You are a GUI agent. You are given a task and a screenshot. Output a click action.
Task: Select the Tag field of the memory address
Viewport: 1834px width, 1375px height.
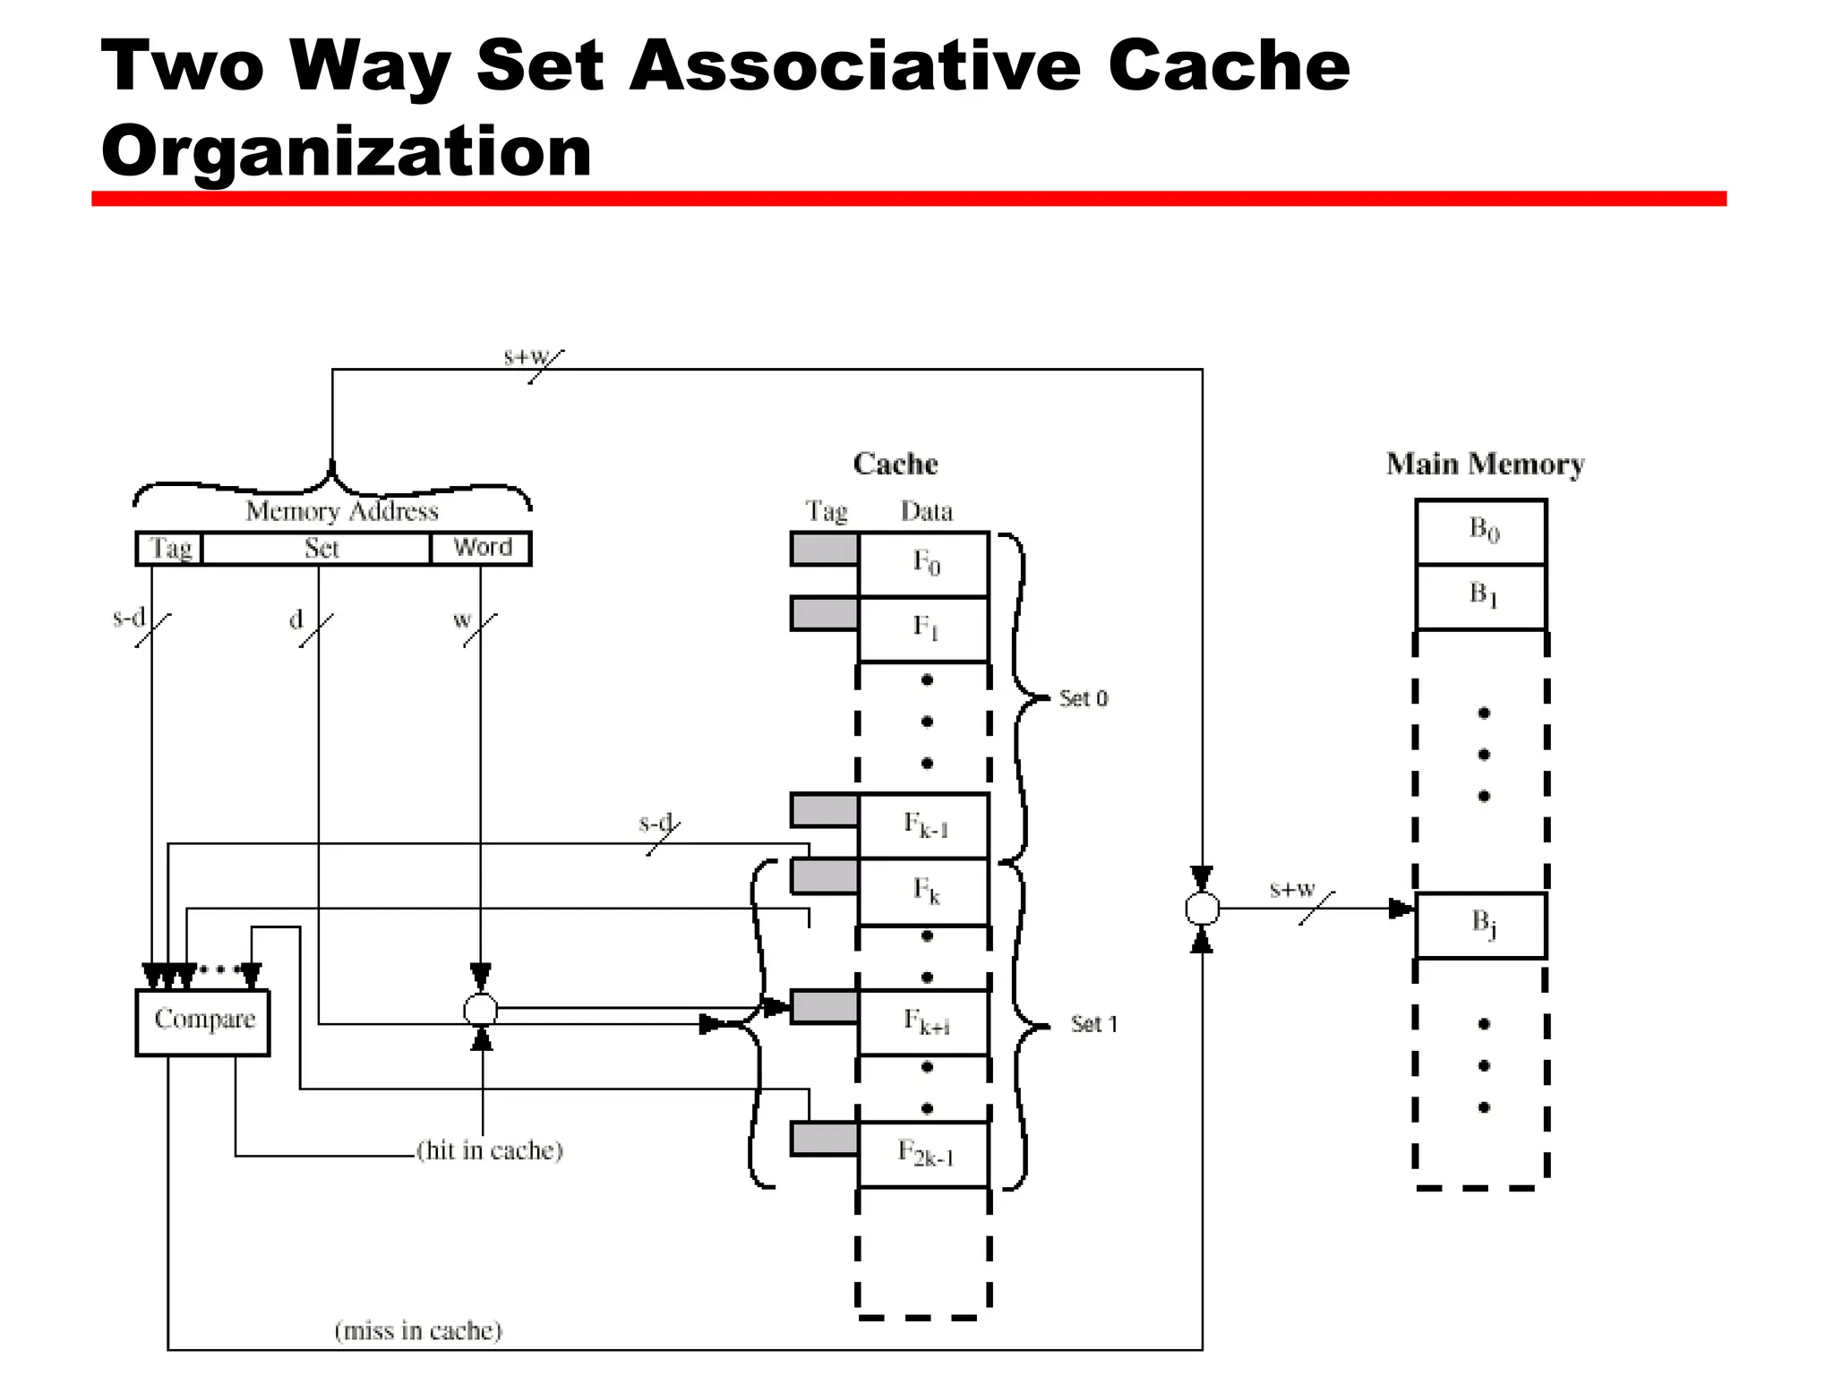click(x=169, y=548)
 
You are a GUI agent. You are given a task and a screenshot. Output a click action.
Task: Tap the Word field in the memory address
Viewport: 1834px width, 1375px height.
click(x=481, y=548)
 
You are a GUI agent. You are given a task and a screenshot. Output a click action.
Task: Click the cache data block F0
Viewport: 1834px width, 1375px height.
click(x=924, y=564)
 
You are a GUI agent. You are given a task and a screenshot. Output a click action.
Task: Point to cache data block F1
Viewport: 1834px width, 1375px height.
click(x=924, y=628)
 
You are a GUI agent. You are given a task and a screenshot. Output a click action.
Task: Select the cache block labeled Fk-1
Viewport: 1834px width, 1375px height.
click(x=924, y=825)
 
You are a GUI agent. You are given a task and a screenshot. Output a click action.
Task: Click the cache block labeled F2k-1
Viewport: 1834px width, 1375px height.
click(x=924, y=1154)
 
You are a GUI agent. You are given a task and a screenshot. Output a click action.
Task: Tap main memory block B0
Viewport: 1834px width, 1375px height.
click(x=1481, y=531)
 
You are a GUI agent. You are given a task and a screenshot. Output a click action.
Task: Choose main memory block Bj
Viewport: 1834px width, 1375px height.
click(x=1481, y=925)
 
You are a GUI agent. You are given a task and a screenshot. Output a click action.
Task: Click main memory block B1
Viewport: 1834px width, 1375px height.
click(x=1481, y=596)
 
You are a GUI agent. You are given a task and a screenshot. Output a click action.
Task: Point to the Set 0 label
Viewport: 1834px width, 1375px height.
click(x=1083, y=698)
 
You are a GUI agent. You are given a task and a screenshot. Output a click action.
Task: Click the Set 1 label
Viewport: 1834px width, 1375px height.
click(x=1093, y=1024)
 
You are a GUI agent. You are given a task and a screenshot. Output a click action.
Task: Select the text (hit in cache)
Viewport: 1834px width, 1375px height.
click(x=490, y=1150)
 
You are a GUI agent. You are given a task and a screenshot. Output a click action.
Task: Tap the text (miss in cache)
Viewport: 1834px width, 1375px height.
click(x=418, y=1331)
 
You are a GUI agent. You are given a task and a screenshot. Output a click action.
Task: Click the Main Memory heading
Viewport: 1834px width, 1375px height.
click(x=1485, y=464)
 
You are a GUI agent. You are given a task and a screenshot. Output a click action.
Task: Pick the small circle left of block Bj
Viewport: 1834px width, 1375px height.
click(x=1202, y=909)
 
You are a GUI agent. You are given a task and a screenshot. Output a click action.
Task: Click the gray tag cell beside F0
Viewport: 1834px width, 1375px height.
click(x=824, y=549)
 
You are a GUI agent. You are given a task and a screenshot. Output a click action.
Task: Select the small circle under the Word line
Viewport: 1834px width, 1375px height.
click(x=481, y=1011)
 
